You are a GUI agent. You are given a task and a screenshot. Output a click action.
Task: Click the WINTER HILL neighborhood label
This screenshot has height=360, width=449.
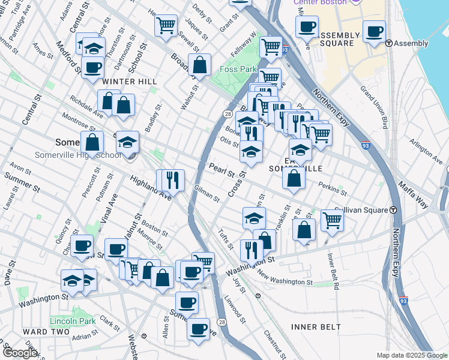tap(129, 81)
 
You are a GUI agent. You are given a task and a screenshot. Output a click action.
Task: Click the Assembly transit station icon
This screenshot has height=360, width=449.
tap(389, 43)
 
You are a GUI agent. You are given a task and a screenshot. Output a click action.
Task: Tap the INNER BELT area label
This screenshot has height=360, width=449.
tap(316, 327)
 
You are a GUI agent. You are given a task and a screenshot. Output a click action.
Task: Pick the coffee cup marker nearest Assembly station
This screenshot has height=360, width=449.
tap(375, 32)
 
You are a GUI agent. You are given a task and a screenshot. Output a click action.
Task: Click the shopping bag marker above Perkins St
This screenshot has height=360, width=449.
tap(294, 178)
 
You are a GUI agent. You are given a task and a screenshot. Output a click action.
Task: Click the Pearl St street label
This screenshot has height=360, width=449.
tap(221, 169)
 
